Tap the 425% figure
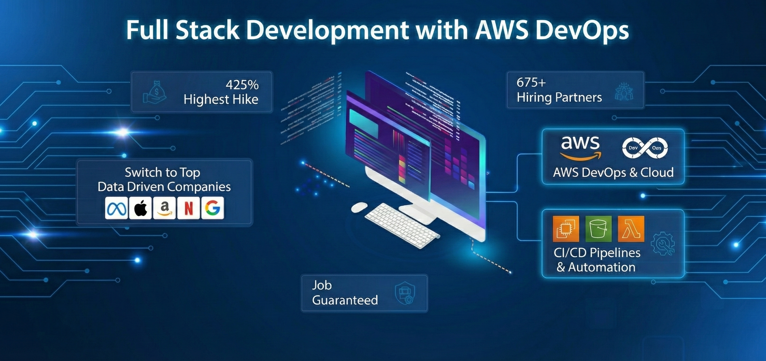pos(242,85)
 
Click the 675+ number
pos(531,83)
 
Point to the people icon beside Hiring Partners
pos(624,92)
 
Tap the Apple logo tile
pos(141,208)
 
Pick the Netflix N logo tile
pos(188,208)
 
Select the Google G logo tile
pos(212,208)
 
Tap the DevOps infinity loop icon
pos(645,148)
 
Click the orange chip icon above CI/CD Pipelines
pos(566,229)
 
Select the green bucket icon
pos(598,229)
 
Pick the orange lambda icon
pos(631,229)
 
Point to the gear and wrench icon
pos(663,244)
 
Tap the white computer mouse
pos(359,207)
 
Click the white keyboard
pos(402,226)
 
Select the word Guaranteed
pos(345,300)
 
